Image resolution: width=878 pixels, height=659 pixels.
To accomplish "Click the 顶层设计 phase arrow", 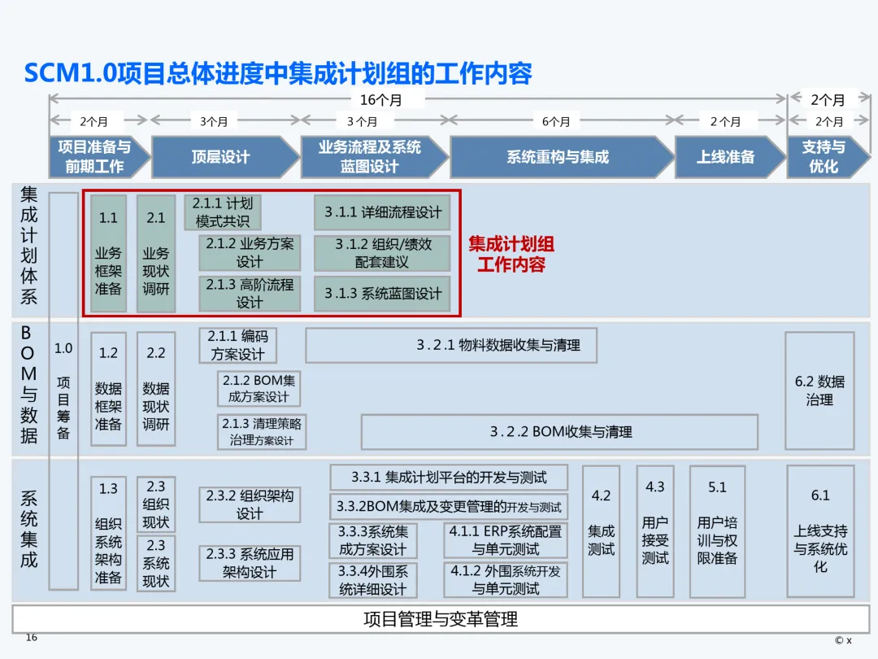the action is click(x=221, y=157).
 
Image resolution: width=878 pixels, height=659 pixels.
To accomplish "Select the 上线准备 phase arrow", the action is click(x=725, y=157).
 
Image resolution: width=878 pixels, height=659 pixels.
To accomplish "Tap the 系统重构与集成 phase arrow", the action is click(x=558, y=157).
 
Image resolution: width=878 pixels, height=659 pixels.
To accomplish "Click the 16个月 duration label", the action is click(x=380, y=100).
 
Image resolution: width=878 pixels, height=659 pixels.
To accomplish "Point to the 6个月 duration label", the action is click(x=556, y=122).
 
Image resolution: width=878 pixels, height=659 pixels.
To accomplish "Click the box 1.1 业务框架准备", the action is click(x=108, y=253).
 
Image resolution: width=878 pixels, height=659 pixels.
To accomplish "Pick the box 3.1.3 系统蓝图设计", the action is click(x=382, y=294).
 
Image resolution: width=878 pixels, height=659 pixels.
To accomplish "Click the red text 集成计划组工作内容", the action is click(x=511, y=254).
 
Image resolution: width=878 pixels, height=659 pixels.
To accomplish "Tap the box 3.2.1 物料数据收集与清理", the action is click(x=451, y=345).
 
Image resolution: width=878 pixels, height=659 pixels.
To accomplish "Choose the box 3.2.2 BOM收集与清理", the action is click(x=559, y=432).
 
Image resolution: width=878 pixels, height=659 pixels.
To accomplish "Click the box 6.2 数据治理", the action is click(x=819, y=391).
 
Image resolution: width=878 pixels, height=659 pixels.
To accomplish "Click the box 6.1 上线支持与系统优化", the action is click(x=820, y=530).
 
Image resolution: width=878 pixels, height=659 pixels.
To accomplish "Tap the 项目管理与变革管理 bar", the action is click(x=440, y=619).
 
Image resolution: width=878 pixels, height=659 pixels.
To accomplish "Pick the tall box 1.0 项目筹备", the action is click(x=63, y=391).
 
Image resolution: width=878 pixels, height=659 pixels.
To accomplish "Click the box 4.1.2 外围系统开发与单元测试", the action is click(x=505, y=579).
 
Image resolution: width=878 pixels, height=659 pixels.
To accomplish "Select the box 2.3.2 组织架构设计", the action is click(x=249, y=504).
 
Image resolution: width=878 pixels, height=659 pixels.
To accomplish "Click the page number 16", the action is click(x=32, y=637).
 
